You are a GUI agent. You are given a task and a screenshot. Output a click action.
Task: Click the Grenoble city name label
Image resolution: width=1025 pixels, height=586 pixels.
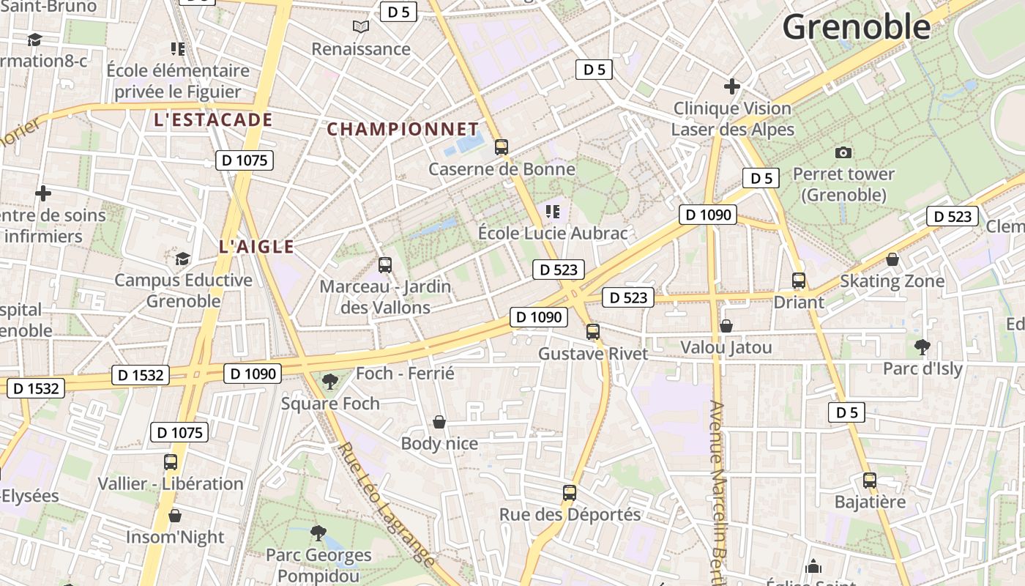coord(856,27)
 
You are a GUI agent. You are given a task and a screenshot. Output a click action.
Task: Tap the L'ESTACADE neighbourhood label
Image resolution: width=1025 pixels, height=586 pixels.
coord(213,120)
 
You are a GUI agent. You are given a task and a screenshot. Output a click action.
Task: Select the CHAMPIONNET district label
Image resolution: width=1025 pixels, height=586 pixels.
coord(403,130)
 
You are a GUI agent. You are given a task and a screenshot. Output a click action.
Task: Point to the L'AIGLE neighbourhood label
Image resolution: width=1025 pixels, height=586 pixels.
coord(256,247)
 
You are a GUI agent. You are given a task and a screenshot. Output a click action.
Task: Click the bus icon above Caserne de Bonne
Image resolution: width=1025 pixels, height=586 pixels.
coord(502,147)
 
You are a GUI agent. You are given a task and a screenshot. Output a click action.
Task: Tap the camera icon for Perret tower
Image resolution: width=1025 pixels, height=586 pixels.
coord(843,152)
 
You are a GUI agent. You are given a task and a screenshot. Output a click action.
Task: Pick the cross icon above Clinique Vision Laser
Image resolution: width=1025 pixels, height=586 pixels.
coord(732,86)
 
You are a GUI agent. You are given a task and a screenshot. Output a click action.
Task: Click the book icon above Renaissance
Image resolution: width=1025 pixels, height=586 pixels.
coord(361,27)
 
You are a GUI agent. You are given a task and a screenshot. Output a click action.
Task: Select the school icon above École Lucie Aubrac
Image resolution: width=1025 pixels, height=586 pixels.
coord(553,212)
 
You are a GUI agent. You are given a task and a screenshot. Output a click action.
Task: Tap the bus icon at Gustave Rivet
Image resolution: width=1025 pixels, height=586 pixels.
coord(593,332)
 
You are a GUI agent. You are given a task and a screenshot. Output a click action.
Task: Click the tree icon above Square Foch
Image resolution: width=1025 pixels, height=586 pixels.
coord(330,381)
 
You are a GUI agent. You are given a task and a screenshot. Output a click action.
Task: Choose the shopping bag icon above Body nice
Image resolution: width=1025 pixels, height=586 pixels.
coord(439,422)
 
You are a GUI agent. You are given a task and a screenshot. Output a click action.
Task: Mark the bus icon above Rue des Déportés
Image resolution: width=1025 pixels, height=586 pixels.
coord(570,493)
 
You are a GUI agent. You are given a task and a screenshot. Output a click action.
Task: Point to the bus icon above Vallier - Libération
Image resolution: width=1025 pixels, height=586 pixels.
coord(171,462)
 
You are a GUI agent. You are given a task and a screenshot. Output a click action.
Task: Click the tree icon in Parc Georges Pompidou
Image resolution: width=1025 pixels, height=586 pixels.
coord(318,533)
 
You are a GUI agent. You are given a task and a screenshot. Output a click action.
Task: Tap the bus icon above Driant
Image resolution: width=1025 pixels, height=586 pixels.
coord(799,281)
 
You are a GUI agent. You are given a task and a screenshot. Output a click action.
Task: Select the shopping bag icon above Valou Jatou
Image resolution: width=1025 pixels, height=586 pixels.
coord(726,325)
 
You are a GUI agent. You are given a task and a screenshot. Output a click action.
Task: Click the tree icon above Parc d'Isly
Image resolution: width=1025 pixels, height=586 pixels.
coord(922,346)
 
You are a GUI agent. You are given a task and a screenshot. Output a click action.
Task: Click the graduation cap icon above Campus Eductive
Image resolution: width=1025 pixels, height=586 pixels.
coord(182,259)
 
